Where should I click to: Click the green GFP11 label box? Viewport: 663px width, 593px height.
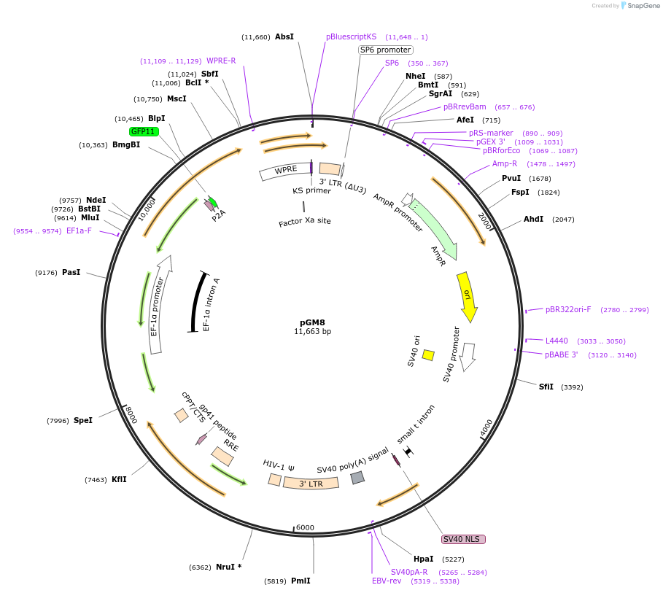click(x=144, y=131)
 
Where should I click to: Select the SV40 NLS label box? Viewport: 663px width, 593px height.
click(x=463, y=539)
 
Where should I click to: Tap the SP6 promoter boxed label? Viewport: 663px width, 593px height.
click(x=385, y=50)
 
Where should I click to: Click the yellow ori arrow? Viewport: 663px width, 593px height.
click(x=467, y=296)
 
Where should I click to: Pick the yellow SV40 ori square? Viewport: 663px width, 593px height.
click(x=428, y=355)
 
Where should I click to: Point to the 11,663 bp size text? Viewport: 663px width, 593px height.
click(x=312, y=331)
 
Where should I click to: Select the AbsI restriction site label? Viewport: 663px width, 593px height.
click(x=284, y=36)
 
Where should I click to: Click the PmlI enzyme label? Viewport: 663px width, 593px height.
click(x=301, y=581)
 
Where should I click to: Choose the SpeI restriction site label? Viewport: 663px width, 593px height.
click(x=83, y=420)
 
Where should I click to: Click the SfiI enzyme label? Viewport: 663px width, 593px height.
click(x=546, y=387)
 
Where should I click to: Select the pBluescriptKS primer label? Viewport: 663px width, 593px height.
click(x=351, y=36)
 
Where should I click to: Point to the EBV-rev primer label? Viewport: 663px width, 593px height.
click(x=387, y=581)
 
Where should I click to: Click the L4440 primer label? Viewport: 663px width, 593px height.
click(x=557, y=341)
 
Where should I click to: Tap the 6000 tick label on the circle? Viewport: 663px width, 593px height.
click(x=305, y=527)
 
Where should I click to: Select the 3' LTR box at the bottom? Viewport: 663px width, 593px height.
click(x=311, y=483)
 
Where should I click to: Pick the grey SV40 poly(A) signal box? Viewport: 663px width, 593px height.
click(x=357, y=478)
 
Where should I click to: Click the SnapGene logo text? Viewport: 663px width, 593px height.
click(x=644, y=5)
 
